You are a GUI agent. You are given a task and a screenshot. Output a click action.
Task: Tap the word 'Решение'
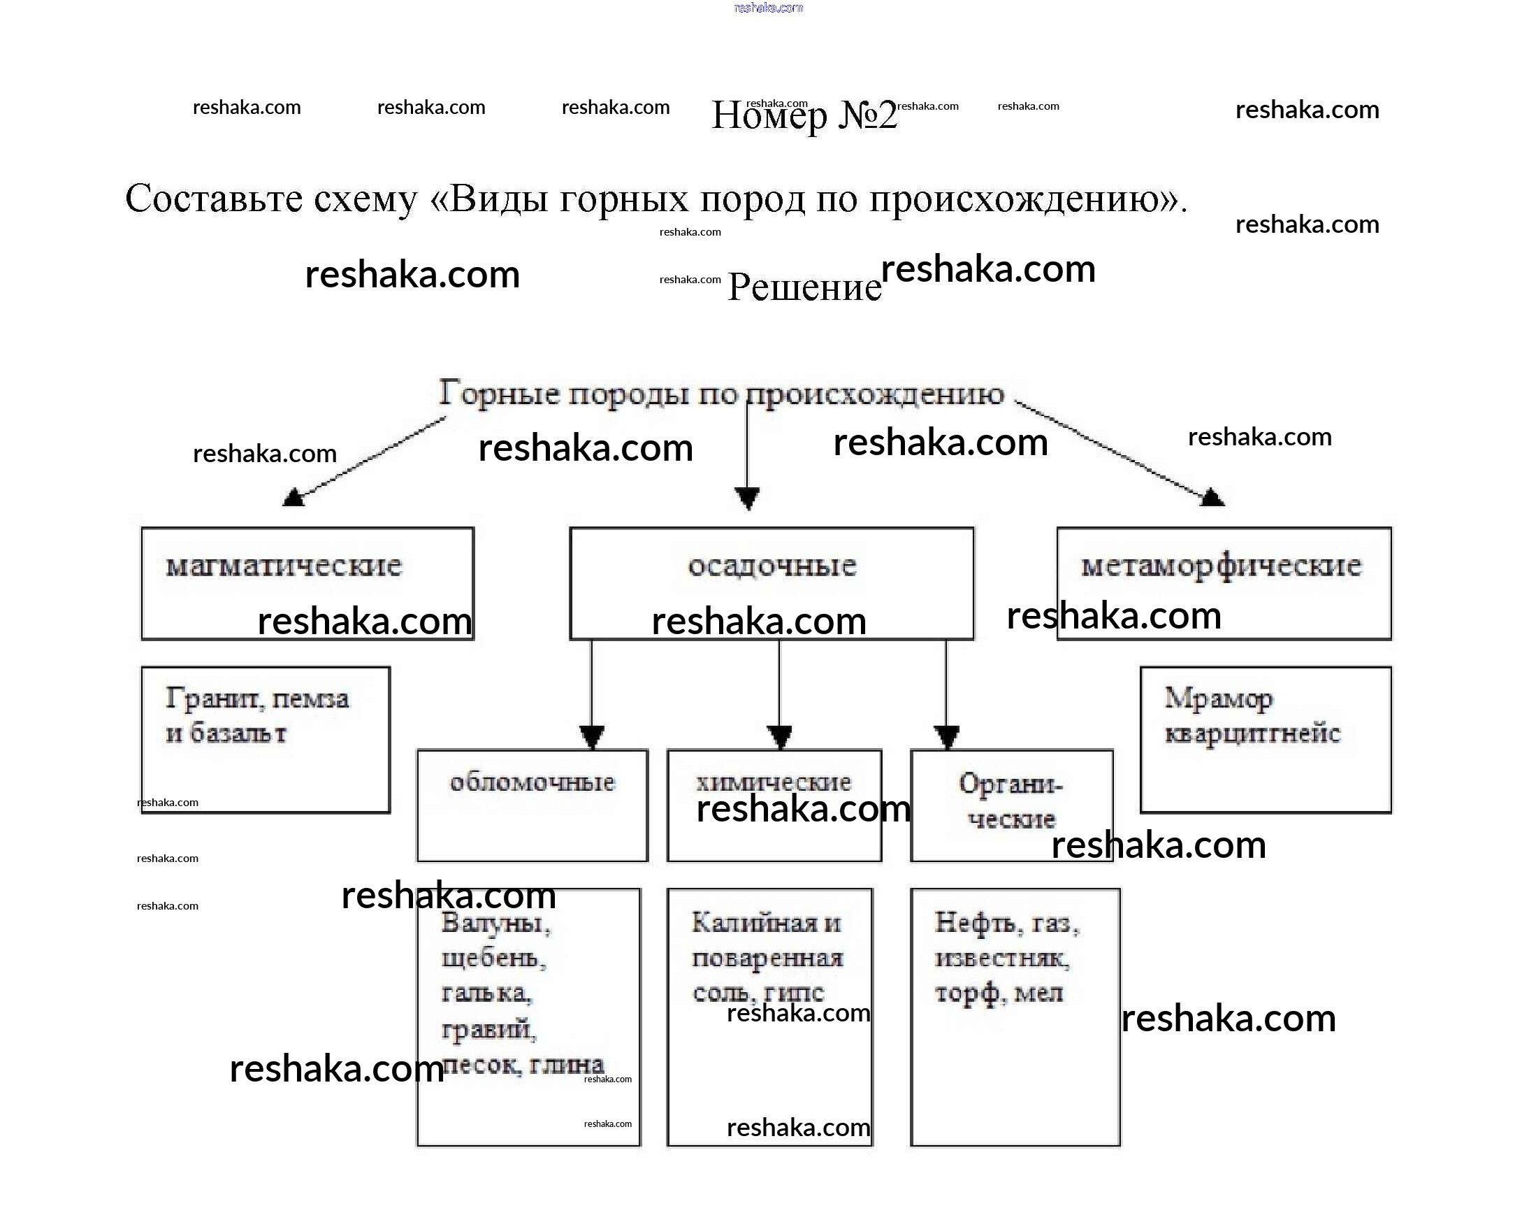(804, 287)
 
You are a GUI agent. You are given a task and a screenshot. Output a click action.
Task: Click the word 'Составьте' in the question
(213, 199)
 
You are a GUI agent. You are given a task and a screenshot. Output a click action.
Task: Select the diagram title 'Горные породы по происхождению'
(721, 394)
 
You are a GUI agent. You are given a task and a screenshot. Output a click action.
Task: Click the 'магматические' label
(284, 566)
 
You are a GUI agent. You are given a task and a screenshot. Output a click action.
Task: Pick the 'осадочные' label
(771, 566)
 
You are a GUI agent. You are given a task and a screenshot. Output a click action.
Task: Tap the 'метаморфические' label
(1221, 566)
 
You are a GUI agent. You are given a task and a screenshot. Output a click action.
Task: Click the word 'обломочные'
(532, 782)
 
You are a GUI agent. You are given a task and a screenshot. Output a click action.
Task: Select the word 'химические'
(773, 782)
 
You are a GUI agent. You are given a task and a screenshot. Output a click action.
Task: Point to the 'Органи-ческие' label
(1011, 801)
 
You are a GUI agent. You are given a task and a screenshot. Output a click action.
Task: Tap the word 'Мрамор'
(1218, 698)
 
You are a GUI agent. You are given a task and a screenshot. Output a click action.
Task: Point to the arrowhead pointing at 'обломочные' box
(592, 736)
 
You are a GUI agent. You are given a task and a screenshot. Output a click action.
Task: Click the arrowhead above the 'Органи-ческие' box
(946, 736)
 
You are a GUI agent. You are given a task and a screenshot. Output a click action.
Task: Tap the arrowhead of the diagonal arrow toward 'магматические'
(293, 497)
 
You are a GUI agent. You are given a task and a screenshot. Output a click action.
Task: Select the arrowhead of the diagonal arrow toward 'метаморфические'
(1212, 496)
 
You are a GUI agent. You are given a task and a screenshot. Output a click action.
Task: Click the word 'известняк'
(1001, 959)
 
